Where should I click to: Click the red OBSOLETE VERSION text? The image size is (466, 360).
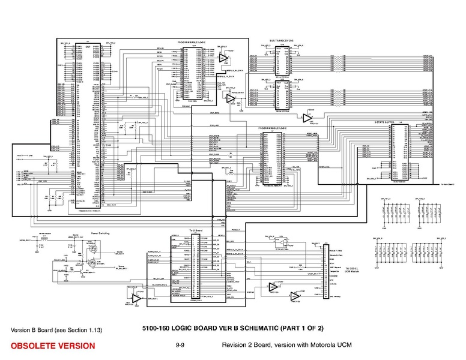pos(52,346)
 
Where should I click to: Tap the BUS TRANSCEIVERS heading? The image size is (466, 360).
pos(280,40)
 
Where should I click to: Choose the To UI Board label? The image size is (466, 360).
pos(197,230)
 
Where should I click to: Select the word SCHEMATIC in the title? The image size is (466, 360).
pos(263,328)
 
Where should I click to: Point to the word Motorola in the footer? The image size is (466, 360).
pos(307,345)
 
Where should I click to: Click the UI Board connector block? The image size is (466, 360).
pos(196,267)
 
